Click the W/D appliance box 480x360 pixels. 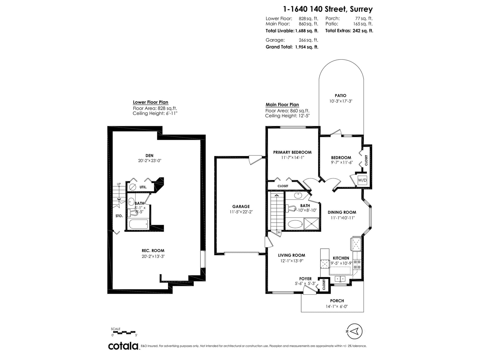(x=362, y=180)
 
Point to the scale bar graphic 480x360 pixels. (x=124, y=332)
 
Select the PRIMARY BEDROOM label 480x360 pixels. (x=292, y=152)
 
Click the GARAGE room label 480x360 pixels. (x=241, y=207)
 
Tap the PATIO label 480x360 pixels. (x=340, y=95)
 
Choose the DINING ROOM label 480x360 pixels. (x=342, y=212)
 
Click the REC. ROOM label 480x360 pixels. (x=153, y=251)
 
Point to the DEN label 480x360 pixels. (x=149, y=156)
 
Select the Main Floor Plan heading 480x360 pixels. (x=282, y=105)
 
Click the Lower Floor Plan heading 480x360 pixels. (x=151, y=102)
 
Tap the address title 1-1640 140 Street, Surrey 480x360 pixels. (x=328, y=9)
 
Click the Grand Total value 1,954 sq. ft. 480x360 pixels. (x=307, y=47)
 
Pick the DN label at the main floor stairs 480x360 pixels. (x=278, y=232)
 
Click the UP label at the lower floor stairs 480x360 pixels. (x=119, y=184)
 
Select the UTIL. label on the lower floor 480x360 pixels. (x=143, y=187)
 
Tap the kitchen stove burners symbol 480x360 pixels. (x=357, y=264)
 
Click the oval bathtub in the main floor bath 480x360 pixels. (x=295, y=224)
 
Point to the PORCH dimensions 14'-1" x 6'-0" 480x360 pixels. (x=337, y=306)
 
